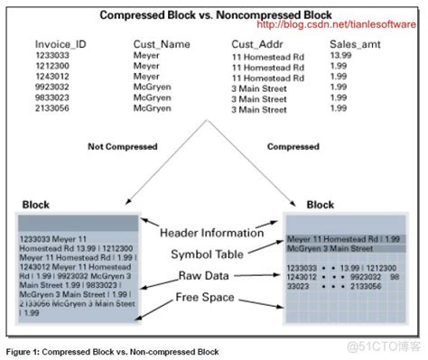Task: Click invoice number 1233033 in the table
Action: point(53,56)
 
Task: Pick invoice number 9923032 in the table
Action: point(53,87)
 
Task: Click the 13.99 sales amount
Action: point(340,55)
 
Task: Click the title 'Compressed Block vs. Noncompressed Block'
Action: point(214,15)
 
